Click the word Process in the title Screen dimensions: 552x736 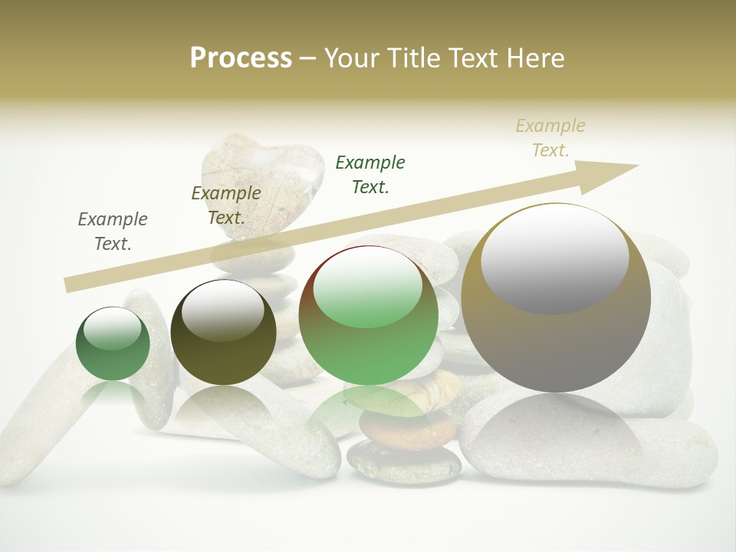pyautogui.click(x=241, y=58)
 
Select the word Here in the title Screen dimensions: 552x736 pyautogui.click(x=534, y=58)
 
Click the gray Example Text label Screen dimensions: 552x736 pyautogui.click(x=113, y=231)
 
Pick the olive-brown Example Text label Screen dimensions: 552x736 pyautogui.click(x=225, y=205)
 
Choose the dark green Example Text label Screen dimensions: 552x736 pyautogui.click(x=370, y=174)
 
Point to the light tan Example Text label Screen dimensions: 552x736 pyautogui.click(x=550, y=137)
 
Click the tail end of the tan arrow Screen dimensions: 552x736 pyautogui.click(x=69, y=284)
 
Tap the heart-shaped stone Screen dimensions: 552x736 pyautogui.click(x=261, y=180)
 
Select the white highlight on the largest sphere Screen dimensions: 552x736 pyautogui.click(x=555, y=257)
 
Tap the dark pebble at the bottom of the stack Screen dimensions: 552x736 pyautogui.click(x=404, y=462)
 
